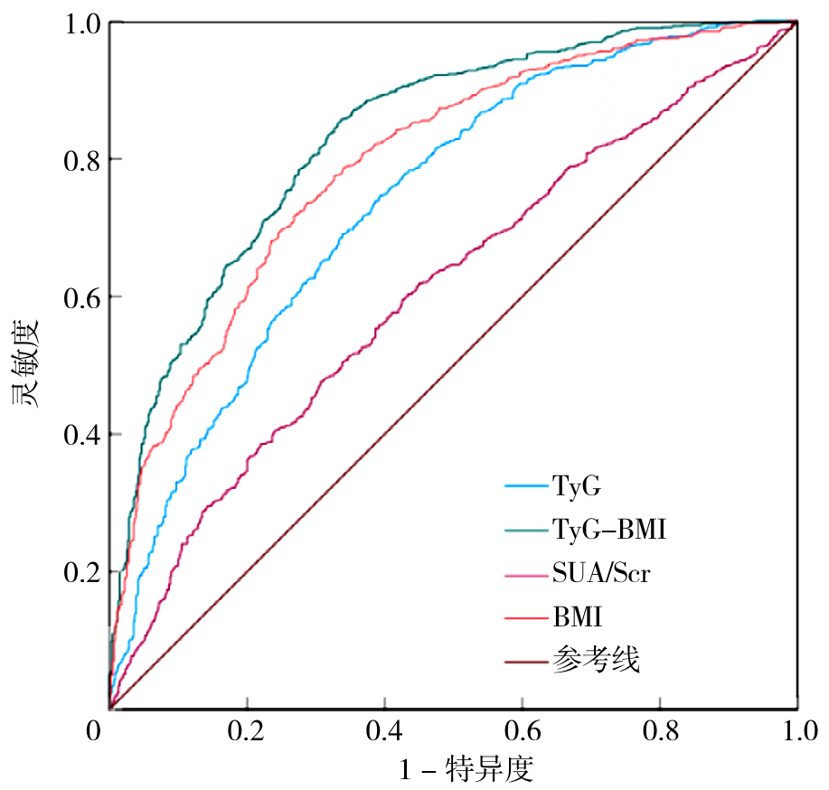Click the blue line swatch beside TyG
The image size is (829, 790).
pos(525,486)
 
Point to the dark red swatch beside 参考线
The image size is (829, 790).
pos(525,662)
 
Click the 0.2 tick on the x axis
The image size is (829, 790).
pos(246,730)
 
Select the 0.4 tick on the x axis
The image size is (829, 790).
pos(383,730)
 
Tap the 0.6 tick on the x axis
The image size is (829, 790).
pos(522,730)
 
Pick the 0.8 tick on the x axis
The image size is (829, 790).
pos(659,730)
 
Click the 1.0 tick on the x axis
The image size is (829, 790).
pos(796,730)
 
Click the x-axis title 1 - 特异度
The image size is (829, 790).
pos(466,771)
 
